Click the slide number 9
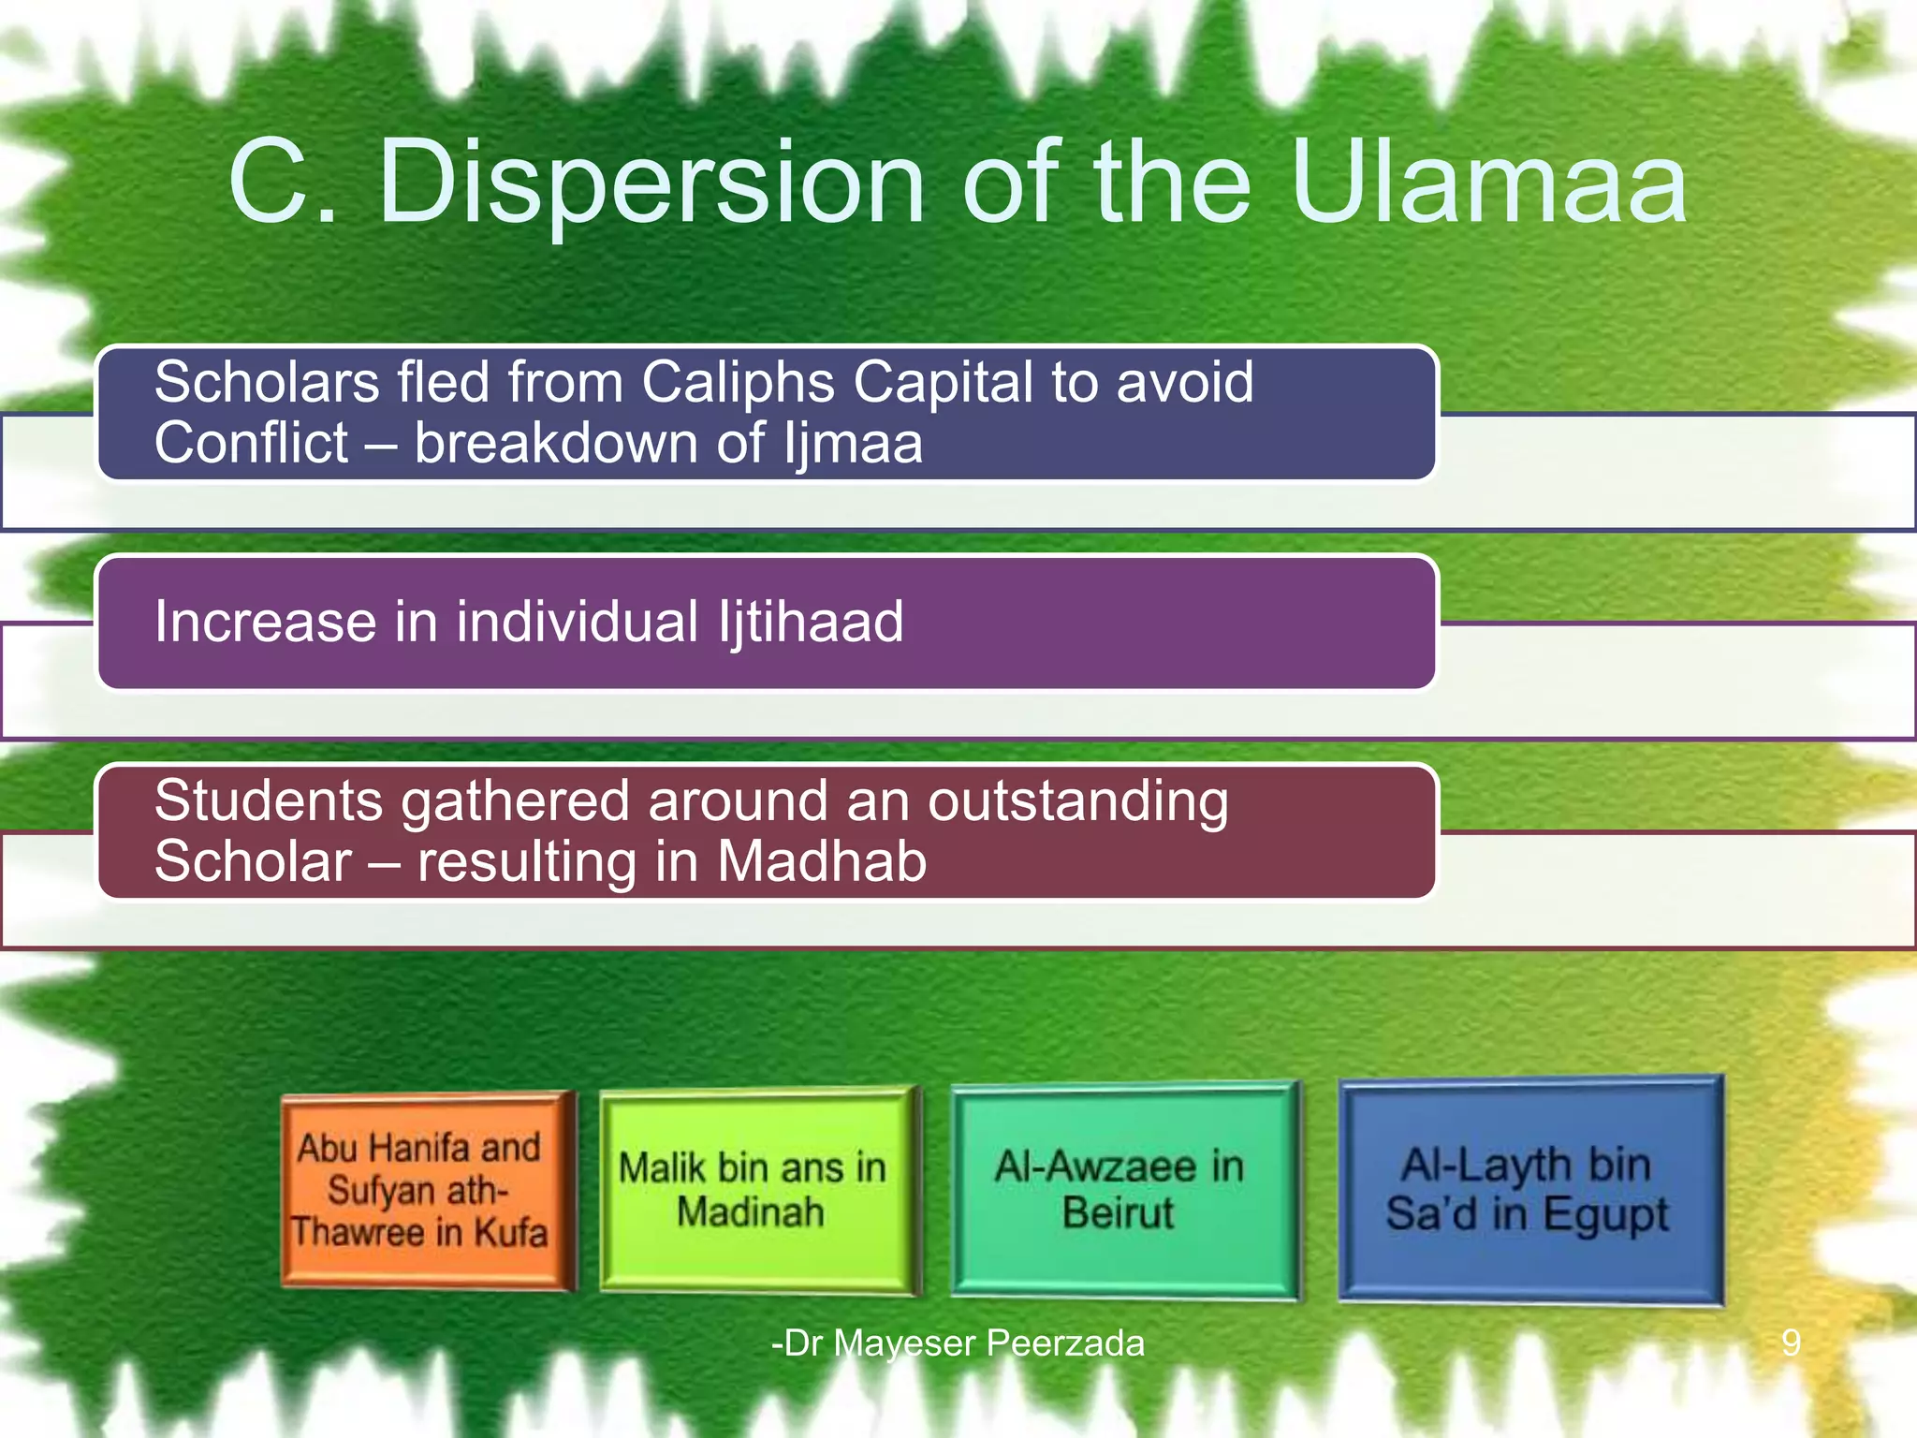point(1791,1343)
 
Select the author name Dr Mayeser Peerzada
point(958,1343)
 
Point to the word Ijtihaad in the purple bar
point(811,622)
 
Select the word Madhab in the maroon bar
point(822,861)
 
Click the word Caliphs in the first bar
point(739,382)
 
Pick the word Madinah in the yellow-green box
point(751,1211)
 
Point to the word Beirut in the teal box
point(1118,1212)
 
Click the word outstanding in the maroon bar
point(1077,801)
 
